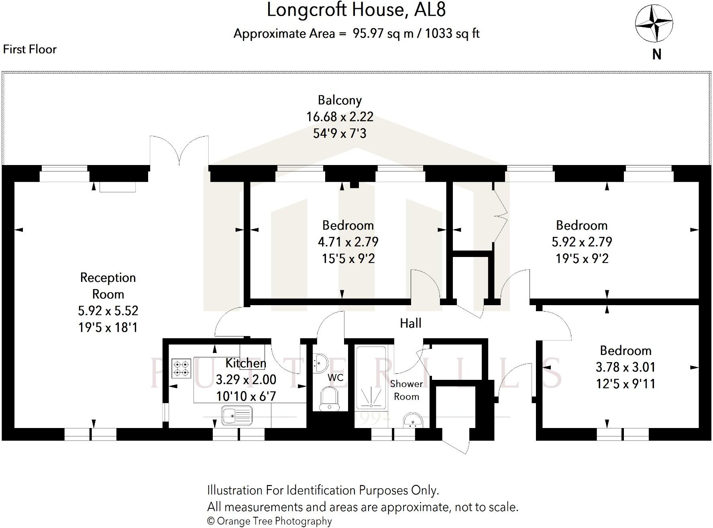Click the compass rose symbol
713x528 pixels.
(x=654, y=24)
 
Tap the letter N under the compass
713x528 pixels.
(x=657, y=54)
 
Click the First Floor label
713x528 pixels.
(x=30, y=49)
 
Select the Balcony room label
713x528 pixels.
(x=340, y=100)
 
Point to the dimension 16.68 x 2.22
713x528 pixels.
(x=340, y=117)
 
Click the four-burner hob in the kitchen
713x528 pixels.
(x=181, y=369)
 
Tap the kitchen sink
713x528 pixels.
(x=237, y=416)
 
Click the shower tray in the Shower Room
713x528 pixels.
(x=371, y=377)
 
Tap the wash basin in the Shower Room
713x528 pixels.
(x=412, y=420)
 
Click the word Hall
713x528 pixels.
(x=410, y=323)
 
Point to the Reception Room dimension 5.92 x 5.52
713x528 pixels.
(x=108, y=311)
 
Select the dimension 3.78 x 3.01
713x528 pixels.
(x=625, y=367)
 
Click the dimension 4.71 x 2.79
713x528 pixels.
(x=348, y=242)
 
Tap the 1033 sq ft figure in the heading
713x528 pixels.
(x=452, y=33)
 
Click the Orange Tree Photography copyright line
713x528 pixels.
(x=269, y=521)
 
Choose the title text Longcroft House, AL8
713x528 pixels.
(x=356, y=10)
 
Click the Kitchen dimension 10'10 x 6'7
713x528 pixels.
(x=246, y=396)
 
